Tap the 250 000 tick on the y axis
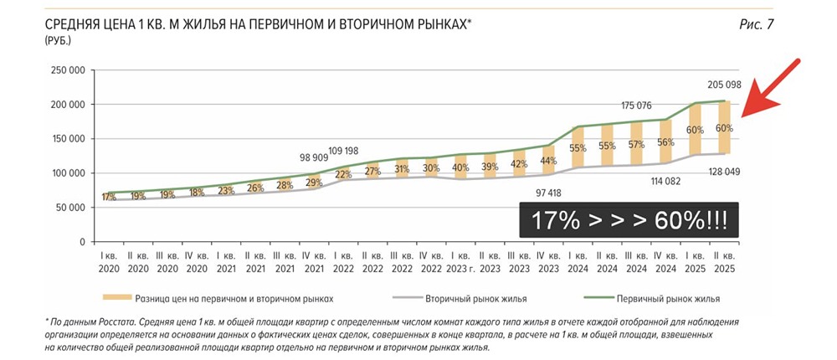(x=69, y=70)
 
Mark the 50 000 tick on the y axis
(x=72, y=207)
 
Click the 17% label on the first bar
(x=109, y=198)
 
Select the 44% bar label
(x=548, y=161)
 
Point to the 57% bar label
(x=637, y=144)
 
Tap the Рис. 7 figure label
(x=756, y=24)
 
